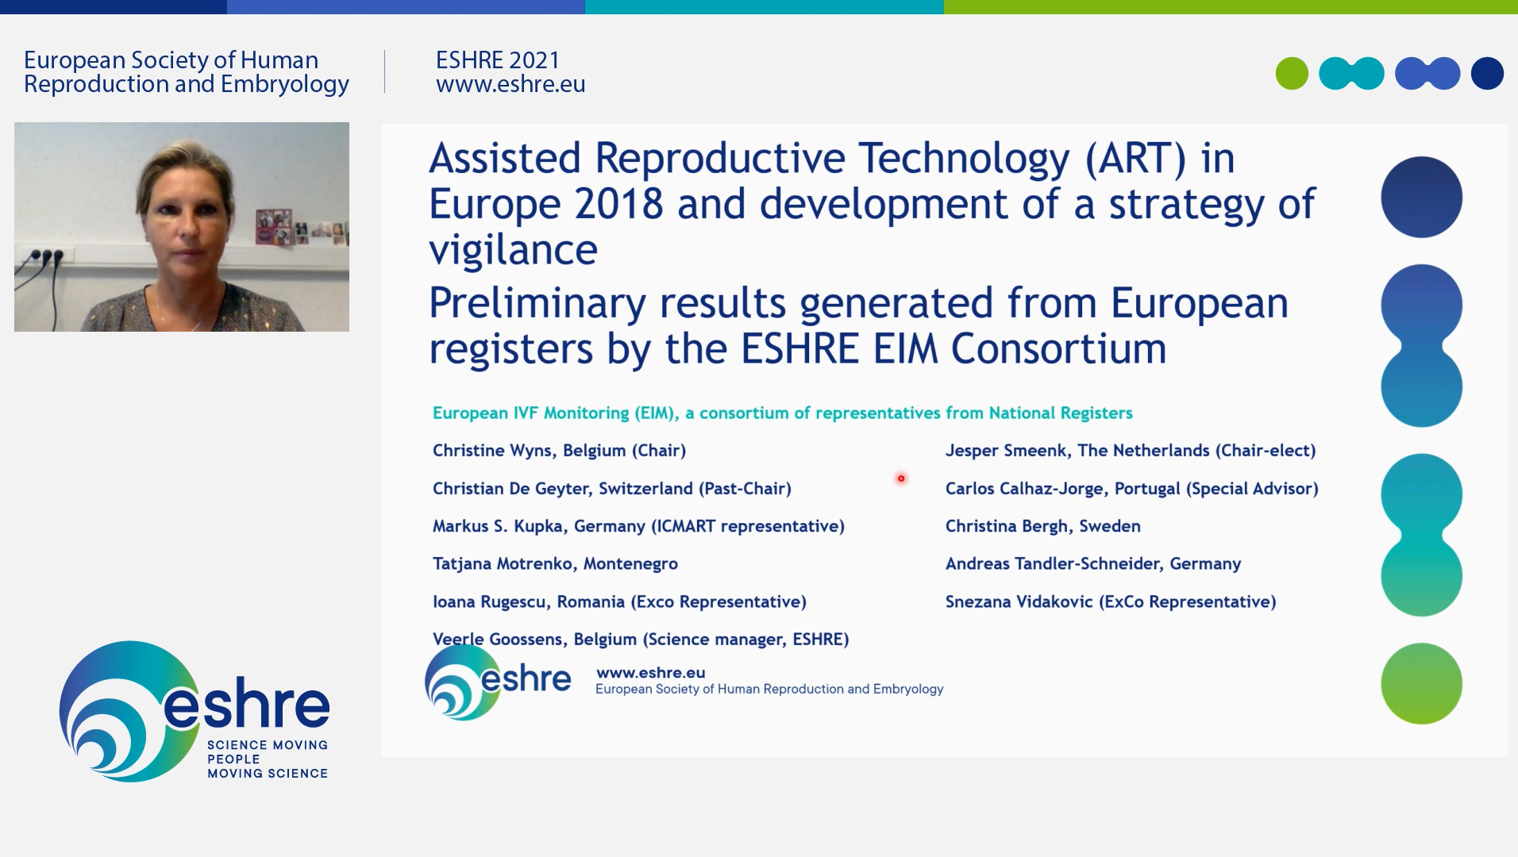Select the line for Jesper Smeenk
[1131, 451]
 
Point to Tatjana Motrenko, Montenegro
[555, 564]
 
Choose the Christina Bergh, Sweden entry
[1043, 526]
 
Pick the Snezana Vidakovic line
[1111, 601]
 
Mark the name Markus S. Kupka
[499, 526]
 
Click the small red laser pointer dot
[901, 478]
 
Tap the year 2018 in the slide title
[619, 205]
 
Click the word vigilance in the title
[513, 251]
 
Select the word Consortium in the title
[1059, 349]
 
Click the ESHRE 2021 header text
[498, 60]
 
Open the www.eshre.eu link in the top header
[510, 84]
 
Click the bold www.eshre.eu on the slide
[651, 673]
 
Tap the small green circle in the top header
[1292, 74]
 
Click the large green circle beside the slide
[1421, 683]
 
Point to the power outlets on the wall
[46, 257]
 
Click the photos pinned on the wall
[300, 228]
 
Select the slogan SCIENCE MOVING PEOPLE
[268, 752]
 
